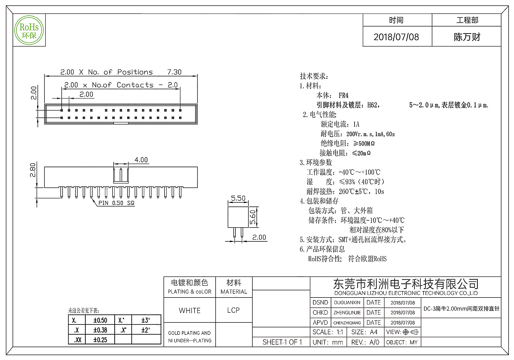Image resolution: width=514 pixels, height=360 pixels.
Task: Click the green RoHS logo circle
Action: pos(29,30)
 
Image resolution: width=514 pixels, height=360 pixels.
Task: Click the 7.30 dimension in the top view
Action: pos(174,72)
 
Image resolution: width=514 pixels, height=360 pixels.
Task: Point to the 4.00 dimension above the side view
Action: pos(141,160)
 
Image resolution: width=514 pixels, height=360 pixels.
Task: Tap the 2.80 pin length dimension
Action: pos(33,170)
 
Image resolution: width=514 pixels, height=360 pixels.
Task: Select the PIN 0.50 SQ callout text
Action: pos(116,203)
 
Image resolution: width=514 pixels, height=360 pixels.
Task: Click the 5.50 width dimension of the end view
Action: pos(238,198)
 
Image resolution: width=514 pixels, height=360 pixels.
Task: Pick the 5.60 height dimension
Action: pos(253,217)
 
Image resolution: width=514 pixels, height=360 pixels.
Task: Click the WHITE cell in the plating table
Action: pos(190,310)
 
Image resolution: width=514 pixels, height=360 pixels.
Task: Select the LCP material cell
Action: pos(233,310)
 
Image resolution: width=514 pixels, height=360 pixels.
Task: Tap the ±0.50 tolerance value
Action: pos(100,320)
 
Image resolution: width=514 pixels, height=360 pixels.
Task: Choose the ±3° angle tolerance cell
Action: pos(146,320)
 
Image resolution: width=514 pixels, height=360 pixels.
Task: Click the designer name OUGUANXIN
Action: pos(347,303)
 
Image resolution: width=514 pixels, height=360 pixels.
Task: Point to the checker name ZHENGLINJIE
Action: pos(347,313)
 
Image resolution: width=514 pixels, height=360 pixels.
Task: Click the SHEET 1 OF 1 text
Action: pos(282,342)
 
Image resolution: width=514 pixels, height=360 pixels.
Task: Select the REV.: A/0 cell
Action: pos(365,342)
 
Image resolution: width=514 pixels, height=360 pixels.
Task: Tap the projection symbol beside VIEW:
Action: pos(411,332)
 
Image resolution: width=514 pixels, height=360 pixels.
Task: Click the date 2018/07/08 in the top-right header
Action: pos(396,37)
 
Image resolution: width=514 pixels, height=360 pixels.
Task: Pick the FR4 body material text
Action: pos(343,96)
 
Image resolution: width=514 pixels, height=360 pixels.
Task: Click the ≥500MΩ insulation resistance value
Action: pos(364,143)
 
